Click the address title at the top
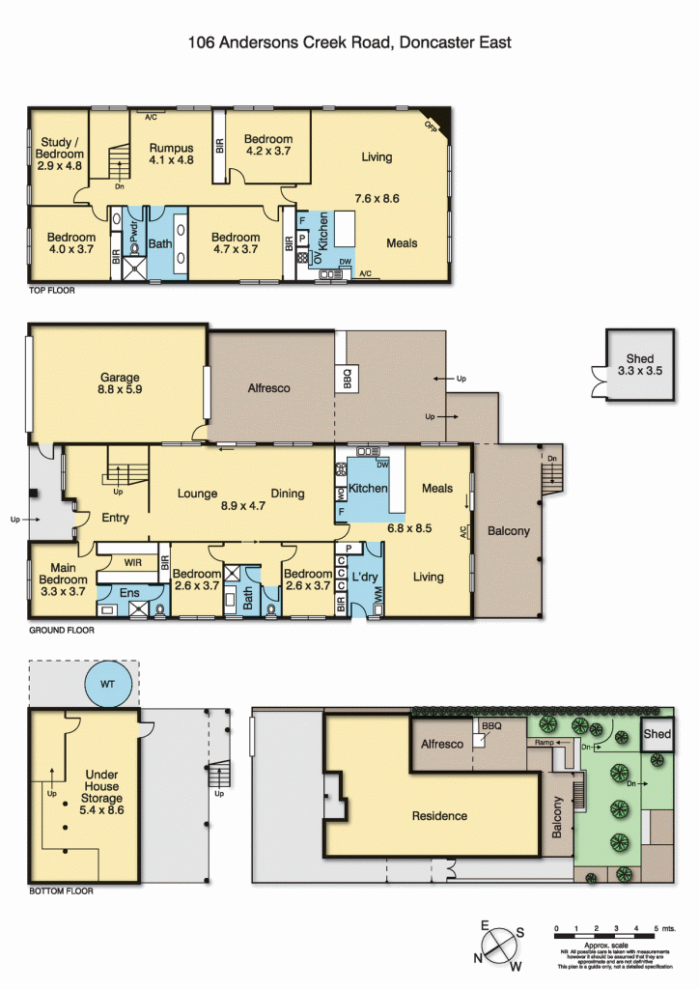coord(349,42)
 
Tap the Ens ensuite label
coord(128,593)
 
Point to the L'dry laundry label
coord(365,577)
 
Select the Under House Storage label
coord(101,786)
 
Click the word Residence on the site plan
coord(439,816)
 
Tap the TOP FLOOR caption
coord(51,290)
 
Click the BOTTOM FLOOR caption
coord(61,890)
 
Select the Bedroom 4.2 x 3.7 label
coord(267,145)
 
